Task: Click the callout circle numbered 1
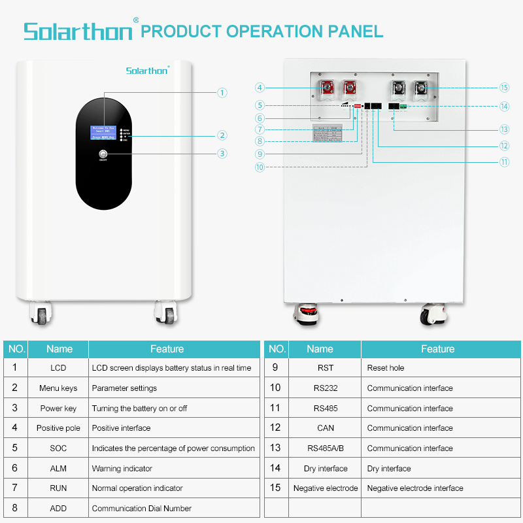222,93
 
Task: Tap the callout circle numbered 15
503,87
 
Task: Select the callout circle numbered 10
260,167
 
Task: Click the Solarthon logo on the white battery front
147,70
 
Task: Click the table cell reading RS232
325,388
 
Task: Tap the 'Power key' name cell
58,409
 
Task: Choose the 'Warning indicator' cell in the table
173,469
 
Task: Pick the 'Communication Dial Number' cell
173,509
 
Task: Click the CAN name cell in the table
325,428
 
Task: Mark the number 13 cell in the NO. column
275,448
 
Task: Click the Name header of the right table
320,349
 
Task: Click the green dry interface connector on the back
403,106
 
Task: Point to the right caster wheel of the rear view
433,315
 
